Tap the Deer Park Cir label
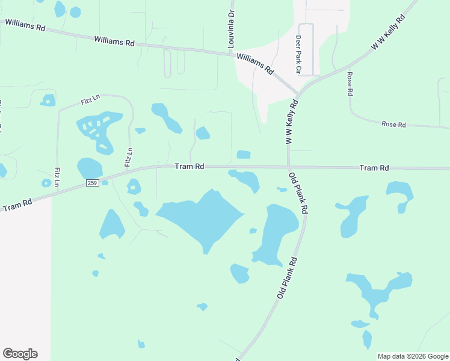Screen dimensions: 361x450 pos(298,54)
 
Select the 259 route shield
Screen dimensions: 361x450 pos(91,183)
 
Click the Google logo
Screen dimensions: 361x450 pos(20,353)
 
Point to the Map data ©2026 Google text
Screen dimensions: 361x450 pos(413,356)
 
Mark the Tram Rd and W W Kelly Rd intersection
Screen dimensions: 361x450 pos(289,167)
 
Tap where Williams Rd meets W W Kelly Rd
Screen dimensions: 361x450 pos(298,94)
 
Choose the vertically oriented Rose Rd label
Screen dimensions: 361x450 pos(349,84)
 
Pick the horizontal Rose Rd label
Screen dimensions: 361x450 pos(394,125)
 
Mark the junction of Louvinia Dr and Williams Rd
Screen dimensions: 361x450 pos(232,54)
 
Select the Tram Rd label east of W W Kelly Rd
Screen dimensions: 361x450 pos(374,168)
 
